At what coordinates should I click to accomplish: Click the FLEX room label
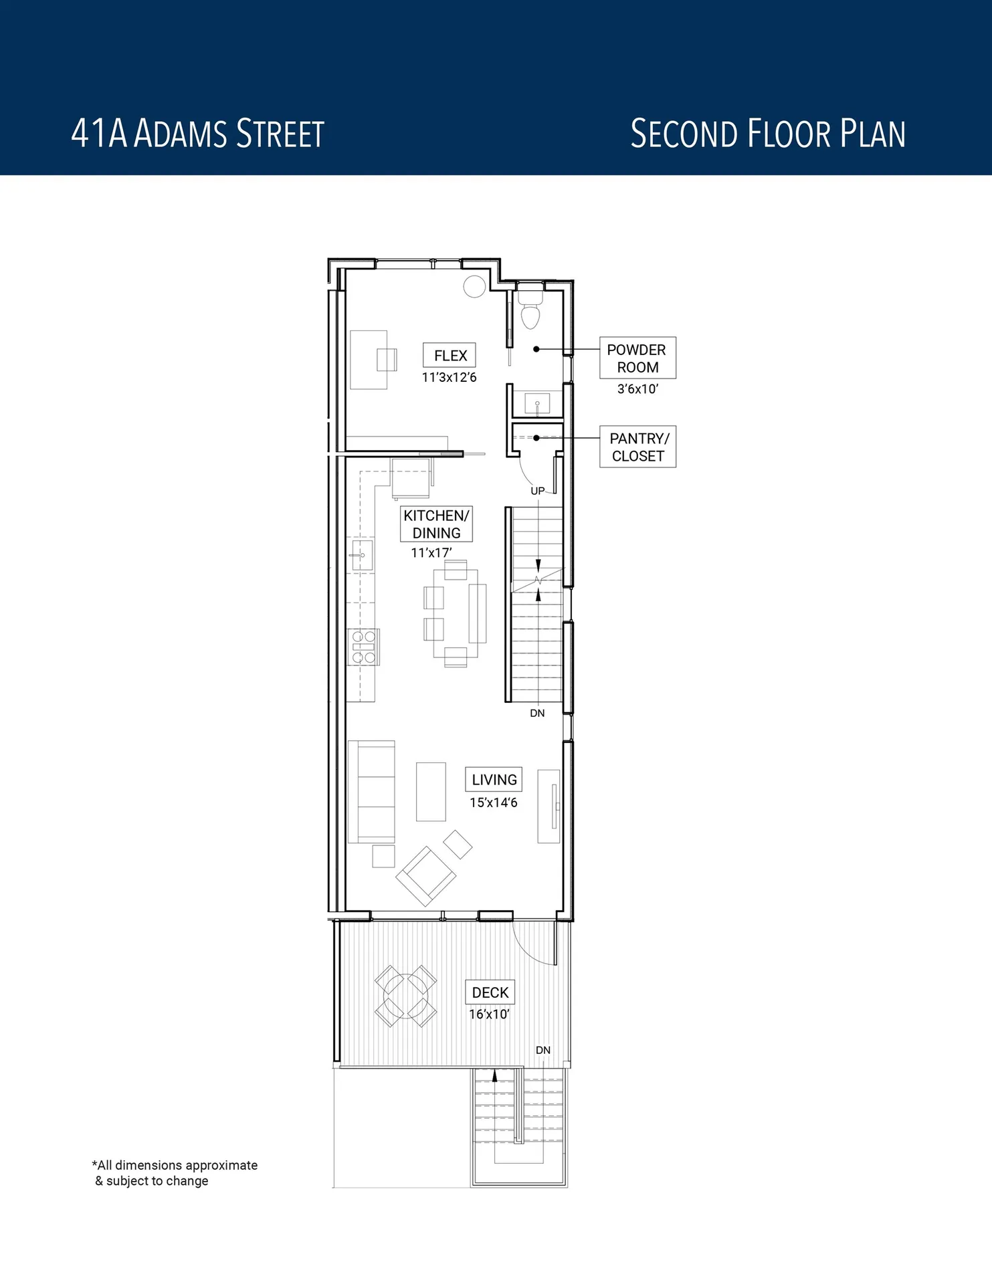click(x=450, y=355)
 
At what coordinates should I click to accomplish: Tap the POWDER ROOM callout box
click(x=637, y=358)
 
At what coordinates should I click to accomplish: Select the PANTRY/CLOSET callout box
click(x=637, y=447)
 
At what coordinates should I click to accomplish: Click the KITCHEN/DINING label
click(x=436, y=524)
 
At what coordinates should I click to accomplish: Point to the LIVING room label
click(x=494, y=779)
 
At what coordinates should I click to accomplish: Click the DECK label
click(x=490, y=992)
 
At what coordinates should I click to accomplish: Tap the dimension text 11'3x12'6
click(x=449, y=378)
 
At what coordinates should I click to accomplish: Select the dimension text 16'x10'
click(x=489, y=1014)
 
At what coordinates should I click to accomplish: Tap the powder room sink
click(x=537, y=403)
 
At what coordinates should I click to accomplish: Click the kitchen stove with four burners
click(x=363, y=647)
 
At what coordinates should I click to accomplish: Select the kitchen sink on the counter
click(x=362, y=555)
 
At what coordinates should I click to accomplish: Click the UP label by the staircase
click(x=537, y=491)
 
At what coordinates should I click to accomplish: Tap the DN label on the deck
click(x=542, y=1050)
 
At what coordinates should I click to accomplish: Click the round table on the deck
click(x=405, y=996)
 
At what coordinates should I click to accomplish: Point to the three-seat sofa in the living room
click(x=372, y=791)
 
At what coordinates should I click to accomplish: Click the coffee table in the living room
click(x=431, y=791)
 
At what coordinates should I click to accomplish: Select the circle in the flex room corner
click(x=474, y=286)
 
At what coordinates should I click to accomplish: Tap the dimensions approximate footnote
click(x=175, y=1173)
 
